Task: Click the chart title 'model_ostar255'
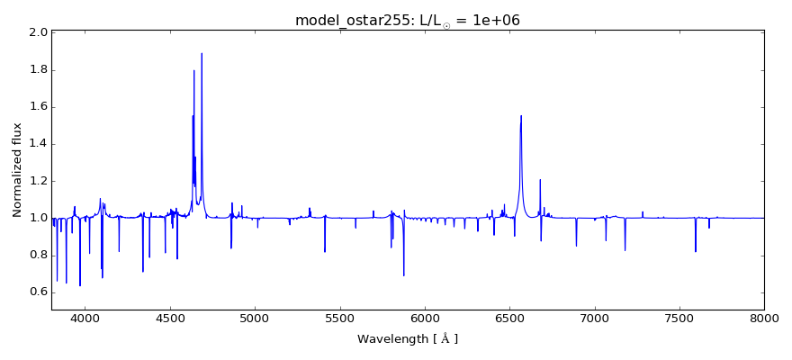351,20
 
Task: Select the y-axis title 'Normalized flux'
17,170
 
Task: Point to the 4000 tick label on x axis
85,319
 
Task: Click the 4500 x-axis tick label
170,319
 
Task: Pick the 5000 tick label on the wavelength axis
256,319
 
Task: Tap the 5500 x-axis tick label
340,319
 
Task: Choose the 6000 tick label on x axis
425,319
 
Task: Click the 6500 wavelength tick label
509,319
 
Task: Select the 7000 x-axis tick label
595,319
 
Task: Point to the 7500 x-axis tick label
679,319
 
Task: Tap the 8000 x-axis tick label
764,319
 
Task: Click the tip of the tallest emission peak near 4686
202,53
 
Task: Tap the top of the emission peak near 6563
521,115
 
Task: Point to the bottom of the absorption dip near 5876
404,275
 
